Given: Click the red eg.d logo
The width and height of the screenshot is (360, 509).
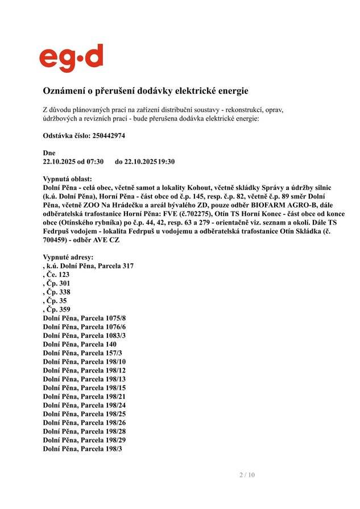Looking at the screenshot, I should [x=71, y=58].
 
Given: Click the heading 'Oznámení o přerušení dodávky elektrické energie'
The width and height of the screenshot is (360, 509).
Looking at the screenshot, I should [x=146, y=91].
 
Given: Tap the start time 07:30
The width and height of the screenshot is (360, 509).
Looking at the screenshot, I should [x=94, y=162].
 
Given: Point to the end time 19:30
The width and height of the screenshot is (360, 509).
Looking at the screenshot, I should [x=167, y=162].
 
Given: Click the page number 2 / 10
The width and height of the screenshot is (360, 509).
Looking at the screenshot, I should [x=247, y=475].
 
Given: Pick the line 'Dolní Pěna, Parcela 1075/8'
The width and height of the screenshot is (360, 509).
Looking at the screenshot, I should [x=84, y=318].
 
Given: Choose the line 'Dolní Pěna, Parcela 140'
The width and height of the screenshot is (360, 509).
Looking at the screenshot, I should [x=80, y=344].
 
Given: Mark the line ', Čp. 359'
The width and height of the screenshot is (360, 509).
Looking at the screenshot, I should [x=56, y=309].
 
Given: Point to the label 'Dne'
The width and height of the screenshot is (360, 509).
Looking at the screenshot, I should [x=49, y=153].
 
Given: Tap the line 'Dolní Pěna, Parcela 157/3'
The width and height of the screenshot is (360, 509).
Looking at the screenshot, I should [x=82, y=353].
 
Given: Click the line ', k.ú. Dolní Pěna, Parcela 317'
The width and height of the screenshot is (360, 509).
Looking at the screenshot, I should [x=88, y=266].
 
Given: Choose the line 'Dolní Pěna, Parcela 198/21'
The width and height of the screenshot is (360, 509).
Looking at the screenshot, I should [x=84, y=396].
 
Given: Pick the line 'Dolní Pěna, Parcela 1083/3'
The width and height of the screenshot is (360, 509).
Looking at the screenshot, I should [x=84, y=336].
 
